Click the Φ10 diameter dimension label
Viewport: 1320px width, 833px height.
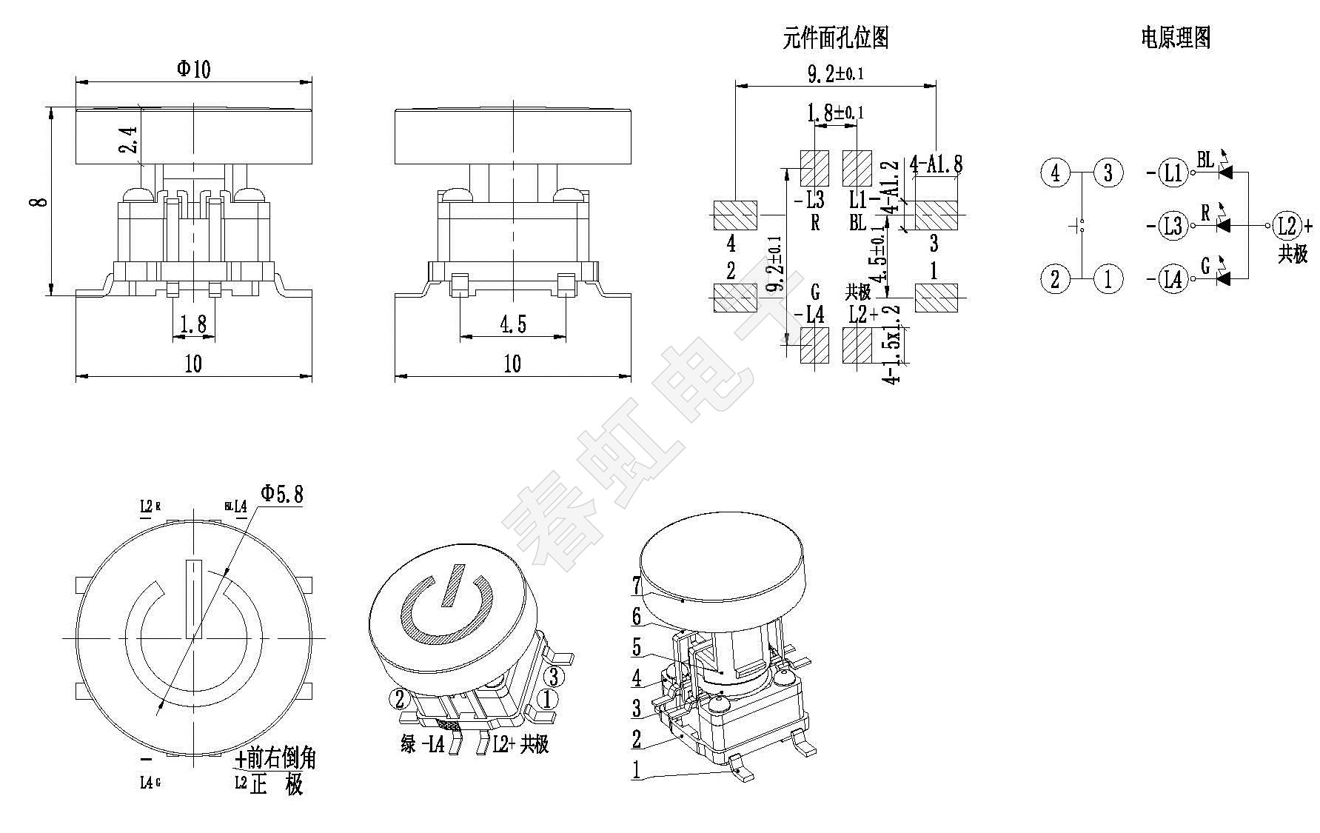[x=193, y=69]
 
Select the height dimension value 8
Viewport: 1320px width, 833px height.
[x=41, y=201]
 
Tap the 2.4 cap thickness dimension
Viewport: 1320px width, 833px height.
[x=128, y=139]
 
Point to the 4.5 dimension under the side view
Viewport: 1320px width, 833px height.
[x=513, y=324]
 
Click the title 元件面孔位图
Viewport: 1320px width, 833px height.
[x=836, y=38]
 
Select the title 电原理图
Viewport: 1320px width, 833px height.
[x=1176, y=37]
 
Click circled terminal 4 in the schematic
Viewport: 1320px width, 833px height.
[x=1055, y=173]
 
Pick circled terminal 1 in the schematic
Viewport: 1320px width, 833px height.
[x=1108, y=279]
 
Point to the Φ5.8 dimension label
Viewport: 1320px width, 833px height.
[x=282, y=494]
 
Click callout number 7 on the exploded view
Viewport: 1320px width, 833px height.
[x=637, y=586]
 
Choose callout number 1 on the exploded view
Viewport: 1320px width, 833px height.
[x=636, y=770]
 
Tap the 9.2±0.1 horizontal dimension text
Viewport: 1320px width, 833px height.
[x=835, y=73]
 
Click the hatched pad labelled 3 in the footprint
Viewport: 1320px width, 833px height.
[x=937, y=215]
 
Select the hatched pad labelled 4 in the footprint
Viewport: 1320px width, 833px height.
[x=734, y=215]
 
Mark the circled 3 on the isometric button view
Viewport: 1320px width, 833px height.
[x=554, y=677]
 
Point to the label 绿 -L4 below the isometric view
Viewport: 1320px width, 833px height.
[x=423, y=744]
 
